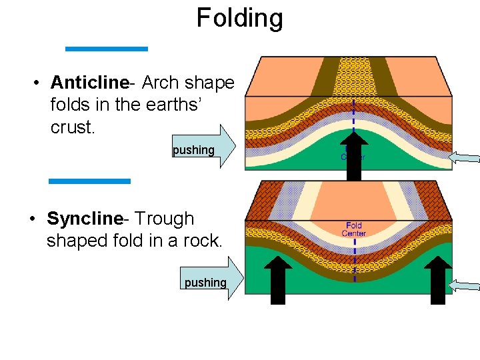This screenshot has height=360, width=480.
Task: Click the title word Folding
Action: tap(239, 18)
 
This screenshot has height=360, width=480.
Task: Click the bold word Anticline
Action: tap(89, 83)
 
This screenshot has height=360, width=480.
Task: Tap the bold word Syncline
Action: tap(85, 219)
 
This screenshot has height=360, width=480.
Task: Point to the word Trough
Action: tap(165, 219)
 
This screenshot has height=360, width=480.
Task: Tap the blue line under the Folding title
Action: tap(106, 49)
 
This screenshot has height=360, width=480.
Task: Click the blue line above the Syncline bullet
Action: tap(89, 181)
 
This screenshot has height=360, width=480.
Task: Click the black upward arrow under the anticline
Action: tap(354, 156)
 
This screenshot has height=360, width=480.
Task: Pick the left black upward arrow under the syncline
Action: tap(278, 280)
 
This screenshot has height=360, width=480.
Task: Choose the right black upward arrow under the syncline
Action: tap(437, 280)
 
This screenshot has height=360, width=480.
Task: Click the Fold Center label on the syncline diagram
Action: tap(354, 229)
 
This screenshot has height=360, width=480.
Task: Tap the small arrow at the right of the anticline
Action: tap(465, 158)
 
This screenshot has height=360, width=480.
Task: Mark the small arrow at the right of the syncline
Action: tap(465, 286)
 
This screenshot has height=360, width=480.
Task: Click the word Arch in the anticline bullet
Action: tap(159, 83)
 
